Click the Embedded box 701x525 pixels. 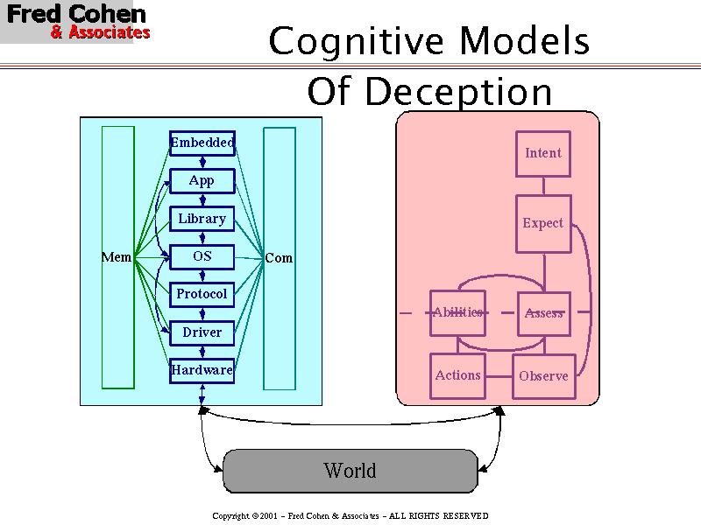202,143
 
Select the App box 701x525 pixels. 202,181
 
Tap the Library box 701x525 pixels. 202,219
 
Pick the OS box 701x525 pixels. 202,256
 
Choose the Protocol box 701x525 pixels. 202,294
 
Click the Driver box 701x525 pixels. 202,332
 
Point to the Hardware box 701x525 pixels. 202,370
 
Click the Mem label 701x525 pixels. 117,257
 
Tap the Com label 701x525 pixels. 279,258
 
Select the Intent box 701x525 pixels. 543,154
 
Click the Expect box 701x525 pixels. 543,224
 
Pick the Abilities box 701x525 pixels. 457,312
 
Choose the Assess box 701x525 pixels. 543,313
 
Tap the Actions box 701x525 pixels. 457,375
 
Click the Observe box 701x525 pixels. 543,376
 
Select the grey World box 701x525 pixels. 350,471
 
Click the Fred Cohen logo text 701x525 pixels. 77,16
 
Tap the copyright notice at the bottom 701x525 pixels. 350,516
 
